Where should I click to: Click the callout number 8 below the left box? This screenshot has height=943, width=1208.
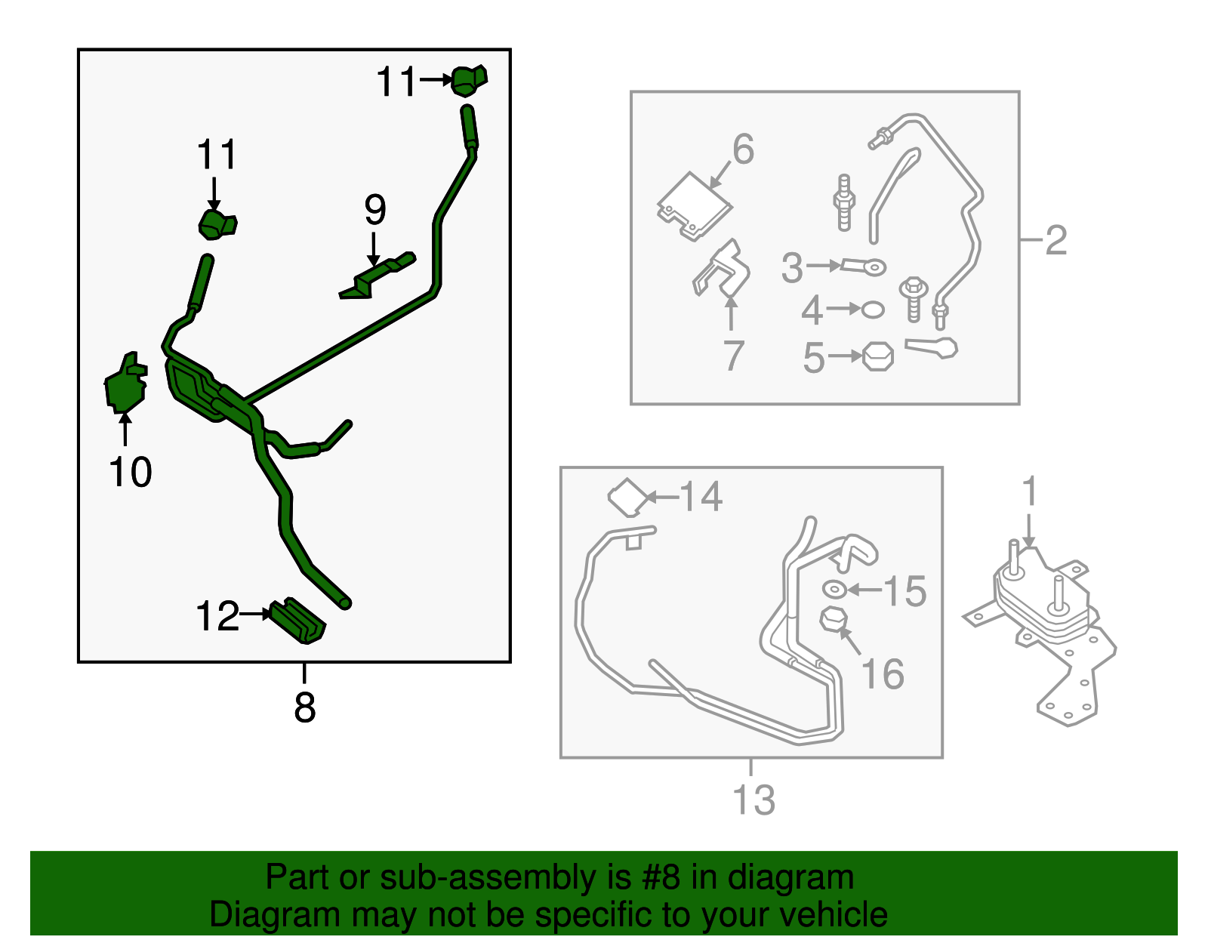pyautogui.click(x=304, y=707)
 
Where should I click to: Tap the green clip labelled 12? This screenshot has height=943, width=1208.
pyautogui.click(x=298, y=621)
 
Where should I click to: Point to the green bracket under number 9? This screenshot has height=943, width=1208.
pyautogui.click(x=377, y=276)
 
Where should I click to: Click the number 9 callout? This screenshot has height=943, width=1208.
pyautogui.click(x=375, y=209)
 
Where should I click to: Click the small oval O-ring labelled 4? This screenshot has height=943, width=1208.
pyautogui.click(x=872, y=310)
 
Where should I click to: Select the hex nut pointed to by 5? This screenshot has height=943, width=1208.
pyautogui.click(x=878, y=357)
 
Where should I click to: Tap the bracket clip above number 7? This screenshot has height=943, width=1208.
pyautogui.click(x=722, y=270)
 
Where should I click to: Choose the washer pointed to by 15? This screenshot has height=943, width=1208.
pyautogui.click(x=834, y=589)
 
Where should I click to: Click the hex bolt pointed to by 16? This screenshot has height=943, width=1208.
pyautogui.click(x=834, y=620)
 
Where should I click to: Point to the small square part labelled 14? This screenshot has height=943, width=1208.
pyautogui.click(x=628, y=498)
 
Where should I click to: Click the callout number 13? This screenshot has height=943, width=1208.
pyautogui.click(x=753, y=800)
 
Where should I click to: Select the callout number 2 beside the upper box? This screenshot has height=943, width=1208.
pyautogui.click(x=1056, y=240)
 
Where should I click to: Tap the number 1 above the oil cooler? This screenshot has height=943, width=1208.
pyautogui.click(x=1030, y=490)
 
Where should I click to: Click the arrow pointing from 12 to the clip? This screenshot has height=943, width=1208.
pyautogui.click(x=256, y=614)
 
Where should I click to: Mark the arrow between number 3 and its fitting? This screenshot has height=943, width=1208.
pyautogui.click(x=824, y=266)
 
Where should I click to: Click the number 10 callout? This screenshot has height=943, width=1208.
pyautogui.click(x=130, y=473)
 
